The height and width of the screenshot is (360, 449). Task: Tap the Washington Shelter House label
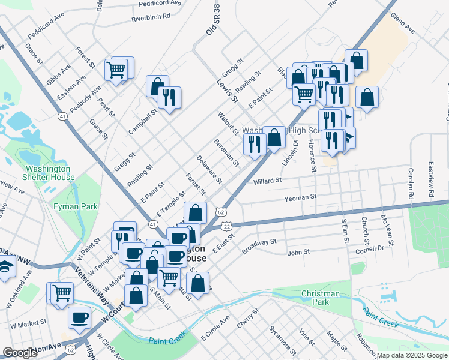coord(50,173)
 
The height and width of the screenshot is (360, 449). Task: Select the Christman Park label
coord(321,298)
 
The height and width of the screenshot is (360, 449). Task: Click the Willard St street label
coord(267,180)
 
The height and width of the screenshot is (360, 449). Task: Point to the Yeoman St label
coord(300,197)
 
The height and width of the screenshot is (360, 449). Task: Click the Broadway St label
coord(259,245)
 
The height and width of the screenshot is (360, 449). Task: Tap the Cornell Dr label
coord(369,249)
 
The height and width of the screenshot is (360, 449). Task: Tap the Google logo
coord(20,353)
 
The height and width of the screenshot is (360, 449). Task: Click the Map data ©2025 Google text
coord(411,355)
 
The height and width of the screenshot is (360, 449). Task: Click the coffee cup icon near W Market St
coord(79,317)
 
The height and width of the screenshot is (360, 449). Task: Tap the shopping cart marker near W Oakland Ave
coord(62,293)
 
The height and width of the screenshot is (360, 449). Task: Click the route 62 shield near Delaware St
coord(221,212)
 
